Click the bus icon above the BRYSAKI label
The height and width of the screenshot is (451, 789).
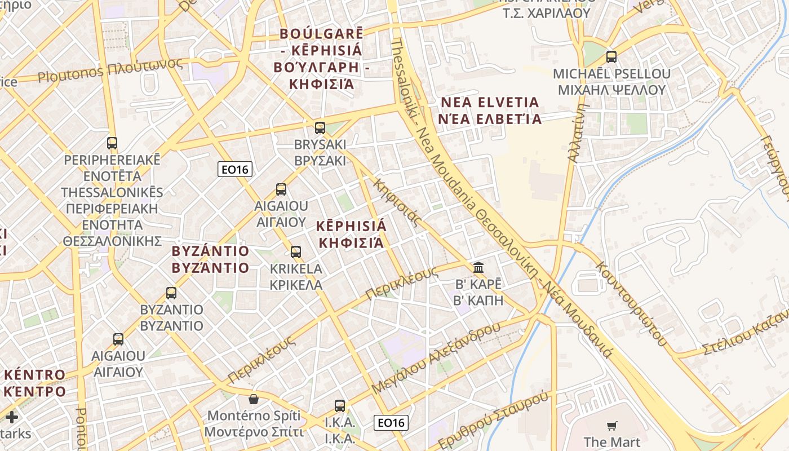click(x=320, y=128)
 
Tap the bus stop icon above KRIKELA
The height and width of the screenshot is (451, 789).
click(x=296, y=252)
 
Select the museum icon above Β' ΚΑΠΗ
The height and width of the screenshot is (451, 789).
click(x=478, y=267)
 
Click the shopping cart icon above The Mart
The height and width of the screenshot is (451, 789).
click(x=612, y=426)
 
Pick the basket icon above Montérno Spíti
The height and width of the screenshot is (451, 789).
click(x=254, y=399)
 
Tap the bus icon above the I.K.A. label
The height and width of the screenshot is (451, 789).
click(x=340, y=405)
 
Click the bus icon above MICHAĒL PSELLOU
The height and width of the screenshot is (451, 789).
click(x=611, y=57)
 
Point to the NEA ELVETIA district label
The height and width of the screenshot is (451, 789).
click(x=490, y=110)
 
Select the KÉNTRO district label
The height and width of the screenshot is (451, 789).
click(x=34, y=383)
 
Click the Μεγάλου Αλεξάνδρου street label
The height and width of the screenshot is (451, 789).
click(x=436, y=358)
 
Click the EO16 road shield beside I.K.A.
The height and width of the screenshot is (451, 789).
click(x=391, y=422)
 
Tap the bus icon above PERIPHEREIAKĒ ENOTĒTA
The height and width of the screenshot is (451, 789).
click(x=112, y=143)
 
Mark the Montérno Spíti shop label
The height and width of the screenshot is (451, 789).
click(x=254, y=424)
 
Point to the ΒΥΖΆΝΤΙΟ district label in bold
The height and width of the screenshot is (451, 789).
click(x=210, y=259)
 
